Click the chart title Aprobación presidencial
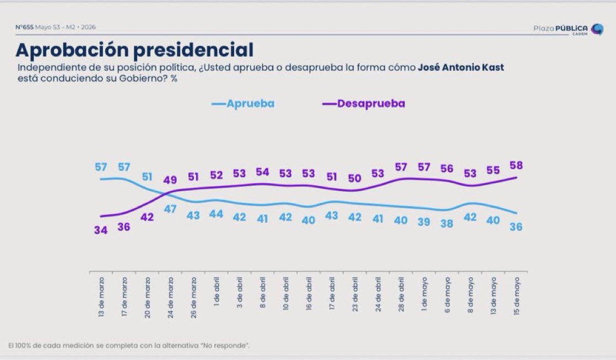tap(134, 50)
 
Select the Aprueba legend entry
tap(243, 103)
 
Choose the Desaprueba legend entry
tap(363, 103)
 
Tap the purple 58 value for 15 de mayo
tap(516, 166)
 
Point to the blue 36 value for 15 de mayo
tap(516, 227)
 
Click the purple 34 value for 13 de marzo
tap(100, 230)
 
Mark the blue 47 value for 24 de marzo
tap(170, 209)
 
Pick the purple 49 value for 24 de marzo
tap(170, 180)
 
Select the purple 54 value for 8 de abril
tap(262, 172)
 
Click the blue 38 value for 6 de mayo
tap(447, 224)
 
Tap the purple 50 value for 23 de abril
tap(355, 178)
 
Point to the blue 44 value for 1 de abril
tap(216, 214)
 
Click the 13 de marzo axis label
tap(102, 297)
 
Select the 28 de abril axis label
tap(401, 294)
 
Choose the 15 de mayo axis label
tap(517, 296)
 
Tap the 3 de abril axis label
tap(240, 293)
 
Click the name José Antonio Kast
tap(460, 67)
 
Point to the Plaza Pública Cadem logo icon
tap(598, 29)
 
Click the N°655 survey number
tap(24, 27)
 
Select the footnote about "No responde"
tap(129, 346)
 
